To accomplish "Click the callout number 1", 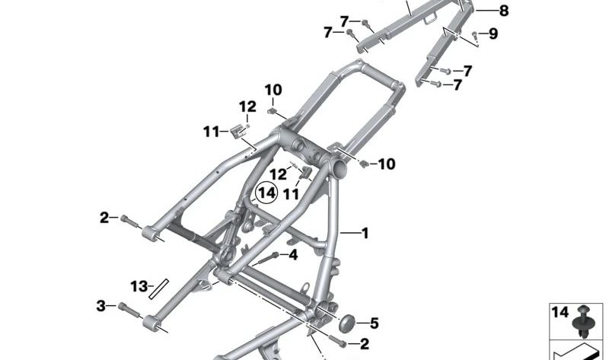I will [x=365, y=233].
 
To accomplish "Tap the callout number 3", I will [x=100, y=306].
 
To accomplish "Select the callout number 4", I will [x=293, y=255].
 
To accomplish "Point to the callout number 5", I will [x=374, y=323].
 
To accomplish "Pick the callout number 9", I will [x=493, y=33].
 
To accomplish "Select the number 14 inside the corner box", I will [x=559, y=312].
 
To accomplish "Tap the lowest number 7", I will [x=458, y=85].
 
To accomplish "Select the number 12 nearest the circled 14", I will [x=277, y=174].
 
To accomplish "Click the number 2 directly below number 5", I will [x=364, y=343].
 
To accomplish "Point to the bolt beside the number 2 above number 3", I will [x=129, y=221].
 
